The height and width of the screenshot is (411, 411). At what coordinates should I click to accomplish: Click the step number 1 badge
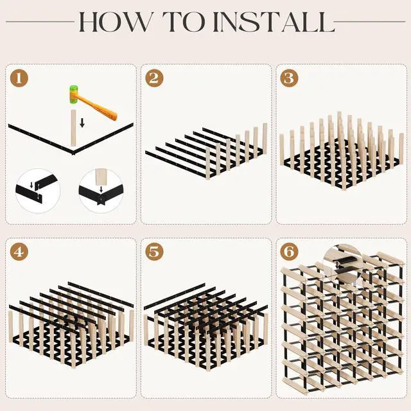point(19,78)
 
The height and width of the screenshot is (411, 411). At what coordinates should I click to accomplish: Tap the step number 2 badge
point(154,78)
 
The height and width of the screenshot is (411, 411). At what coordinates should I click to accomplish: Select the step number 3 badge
point(289,78)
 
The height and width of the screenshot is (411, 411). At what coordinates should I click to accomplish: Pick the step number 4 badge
point(19,252)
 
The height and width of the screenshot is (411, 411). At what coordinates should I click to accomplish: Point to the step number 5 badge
point(154,252)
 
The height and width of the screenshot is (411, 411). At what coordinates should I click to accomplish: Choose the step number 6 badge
point(289,252)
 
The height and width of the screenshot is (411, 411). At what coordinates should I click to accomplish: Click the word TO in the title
point(184,22)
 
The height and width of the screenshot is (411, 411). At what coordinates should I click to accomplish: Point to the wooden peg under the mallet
point(73,128)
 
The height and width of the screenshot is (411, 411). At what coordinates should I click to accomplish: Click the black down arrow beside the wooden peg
point(82,123)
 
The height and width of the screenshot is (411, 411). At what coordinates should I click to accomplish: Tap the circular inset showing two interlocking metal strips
point(39,191)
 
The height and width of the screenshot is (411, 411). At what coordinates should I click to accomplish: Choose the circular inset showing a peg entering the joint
point(101,191)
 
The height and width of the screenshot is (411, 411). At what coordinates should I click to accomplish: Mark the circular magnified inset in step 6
point(343,263)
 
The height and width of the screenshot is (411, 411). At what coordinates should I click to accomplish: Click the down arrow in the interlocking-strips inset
point(31,186)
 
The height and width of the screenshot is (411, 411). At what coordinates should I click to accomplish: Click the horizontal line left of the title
point(40,22)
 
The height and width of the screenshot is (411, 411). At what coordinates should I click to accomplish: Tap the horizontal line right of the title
point(370,22)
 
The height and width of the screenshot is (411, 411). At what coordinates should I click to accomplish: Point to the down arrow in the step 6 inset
point(337,265)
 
